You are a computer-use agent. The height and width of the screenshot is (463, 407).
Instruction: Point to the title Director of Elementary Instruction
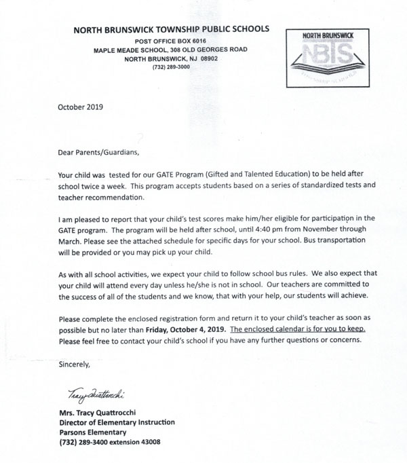(x=116, y=422)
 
